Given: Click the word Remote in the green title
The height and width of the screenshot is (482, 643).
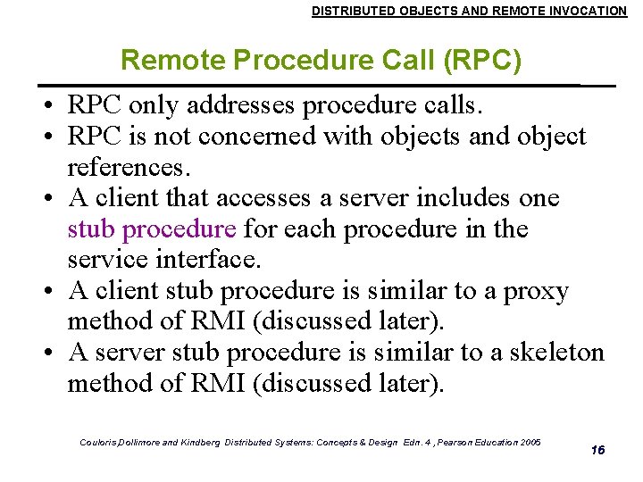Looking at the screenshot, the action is coord(172,61).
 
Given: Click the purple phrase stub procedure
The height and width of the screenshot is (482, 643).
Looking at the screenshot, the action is coord(152,229).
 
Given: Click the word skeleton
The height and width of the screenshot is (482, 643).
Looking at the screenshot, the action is coord(556,353).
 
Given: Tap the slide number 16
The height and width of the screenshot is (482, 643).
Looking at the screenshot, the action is coord(597,450).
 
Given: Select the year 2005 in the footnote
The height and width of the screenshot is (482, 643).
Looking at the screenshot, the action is coord(529,442).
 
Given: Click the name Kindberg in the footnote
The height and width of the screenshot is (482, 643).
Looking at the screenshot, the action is coord(196,443).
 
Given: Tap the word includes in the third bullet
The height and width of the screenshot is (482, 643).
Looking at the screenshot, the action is coord(459,198).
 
